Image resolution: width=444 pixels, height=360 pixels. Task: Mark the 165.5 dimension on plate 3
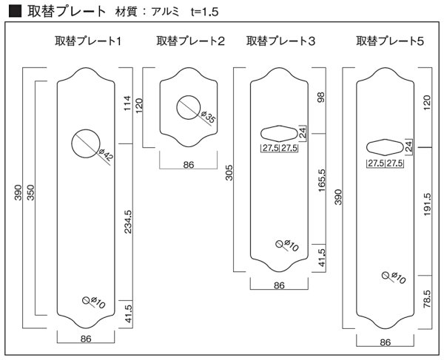(x=320, y=180)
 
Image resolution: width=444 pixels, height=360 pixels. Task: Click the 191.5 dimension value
(x=427, y=206)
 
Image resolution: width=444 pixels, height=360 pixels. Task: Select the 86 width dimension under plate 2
(x=188, y=165)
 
